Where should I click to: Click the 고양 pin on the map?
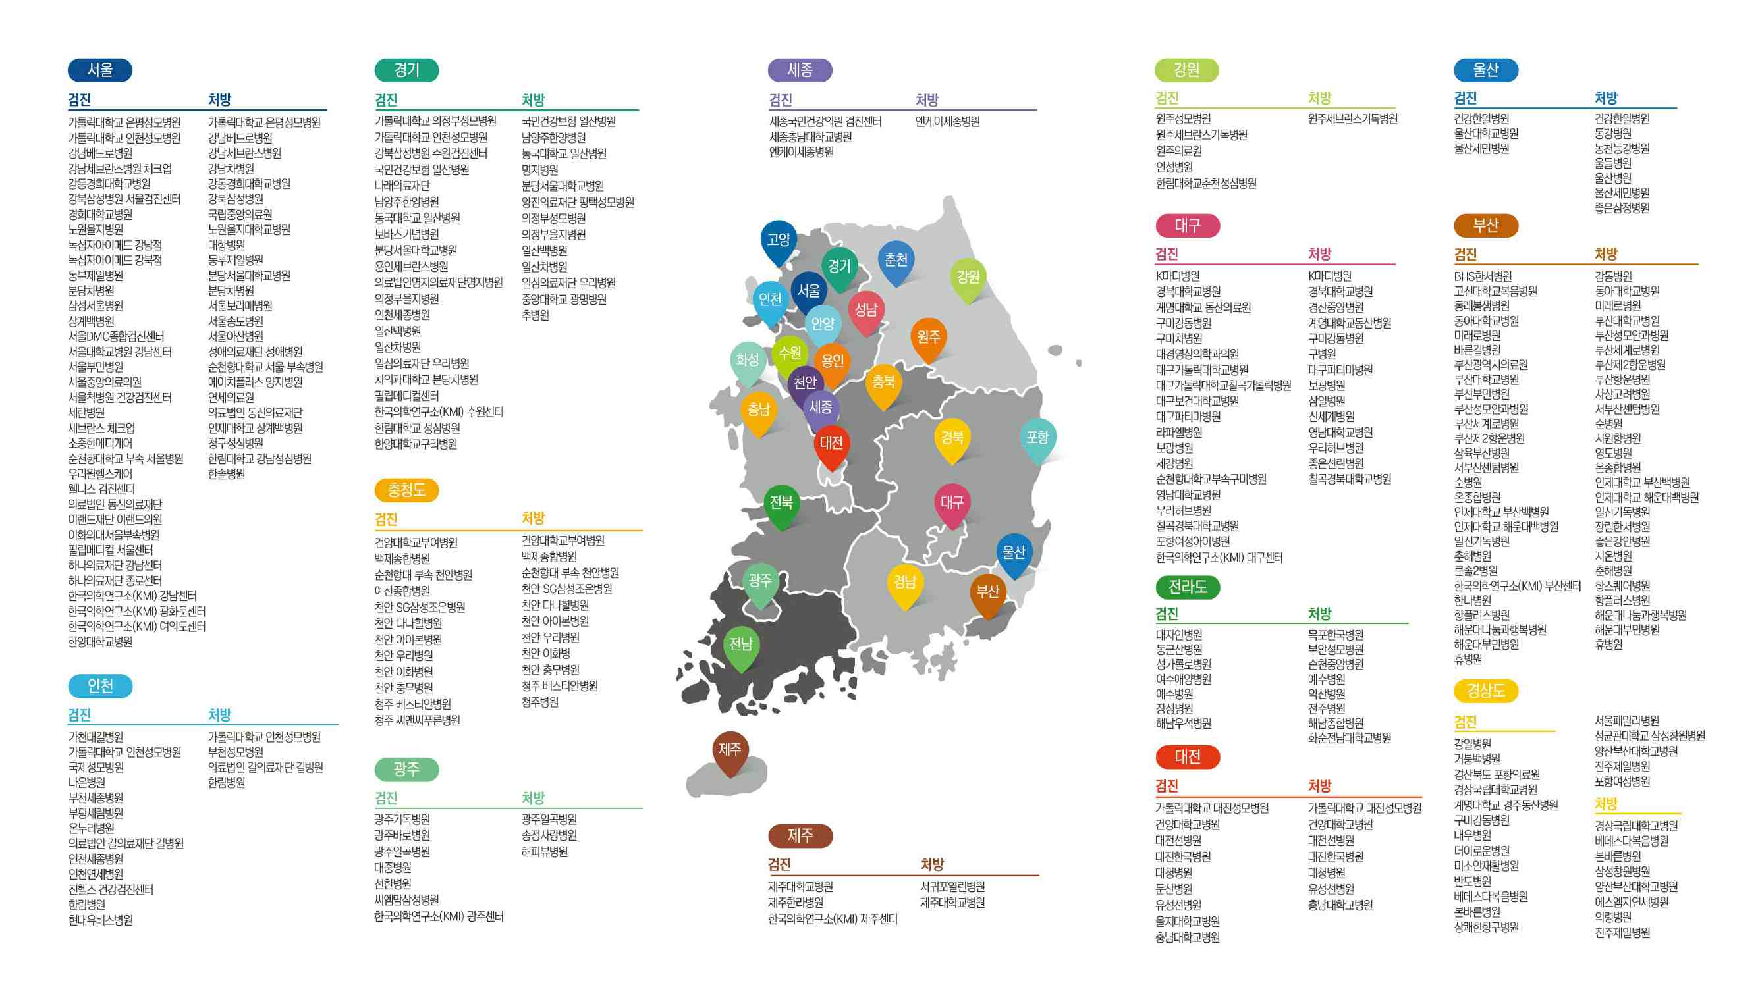click(x=778, y=240)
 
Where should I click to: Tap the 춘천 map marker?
click(x=895, y=260)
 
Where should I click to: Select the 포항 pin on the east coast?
click(x=1037, y=438)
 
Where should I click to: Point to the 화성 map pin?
click(x=747, y=360)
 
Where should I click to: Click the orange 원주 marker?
click(x=928, y=337)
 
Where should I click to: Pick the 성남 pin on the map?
click(x=865, y=311)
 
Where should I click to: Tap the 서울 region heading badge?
click(x=99, y=70)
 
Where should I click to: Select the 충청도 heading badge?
click(x=406, y=490)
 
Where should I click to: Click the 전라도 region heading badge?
click(x=1187, y=587)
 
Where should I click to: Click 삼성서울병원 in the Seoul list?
click(x=96, y=305)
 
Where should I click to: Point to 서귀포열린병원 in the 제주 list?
click(x=952, y=887)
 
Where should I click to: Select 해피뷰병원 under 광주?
click(x=544, y=852)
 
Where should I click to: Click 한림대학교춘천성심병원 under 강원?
click(x=1205, y=184)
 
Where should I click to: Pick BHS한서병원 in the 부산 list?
click(x=1483, y=276)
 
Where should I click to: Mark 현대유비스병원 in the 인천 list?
click(x=100, y=920)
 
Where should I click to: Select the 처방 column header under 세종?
click(x=927, y=100)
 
